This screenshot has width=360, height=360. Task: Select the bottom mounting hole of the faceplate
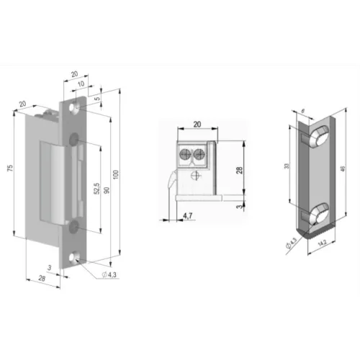point(75,255)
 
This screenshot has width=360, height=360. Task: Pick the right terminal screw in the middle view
point(201,153)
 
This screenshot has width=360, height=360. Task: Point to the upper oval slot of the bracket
point(317,137)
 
